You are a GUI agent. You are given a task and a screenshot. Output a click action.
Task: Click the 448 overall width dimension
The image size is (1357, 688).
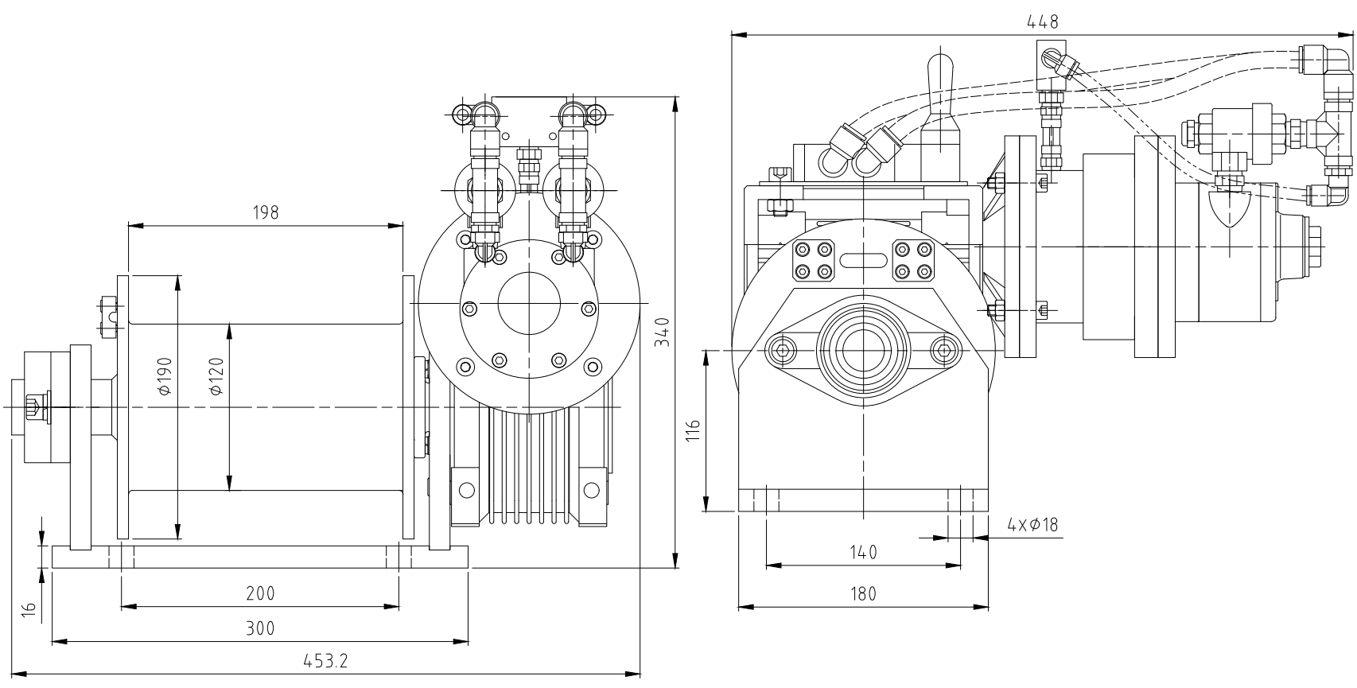point(1042,22)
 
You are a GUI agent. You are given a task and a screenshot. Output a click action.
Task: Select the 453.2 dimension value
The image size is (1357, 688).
point(326,660)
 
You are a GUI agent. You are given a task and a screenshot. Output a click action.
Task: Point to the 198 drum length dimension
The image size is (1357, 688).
point(266,212)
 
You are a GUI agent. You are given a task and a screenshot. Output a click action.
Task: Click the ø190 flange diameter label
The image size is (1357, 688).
point(164,375)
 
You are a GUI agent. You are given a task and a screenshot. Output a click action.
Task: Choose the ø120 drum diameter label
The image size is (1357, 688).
point(216,375)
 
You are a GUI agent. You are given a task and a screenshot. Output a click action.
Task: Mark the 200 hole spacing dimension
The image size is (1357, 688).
point(260,593)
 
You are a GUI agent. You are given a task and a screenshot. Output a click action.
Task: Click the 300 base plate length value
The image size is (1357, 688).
point(260,628)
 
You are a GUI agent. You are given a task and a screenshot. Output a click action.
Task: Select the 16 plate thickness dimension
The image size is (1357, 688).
point(29,608)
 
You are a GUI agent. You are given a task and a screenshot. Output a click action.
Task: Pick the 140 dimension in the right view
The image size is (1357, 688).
point(863,552)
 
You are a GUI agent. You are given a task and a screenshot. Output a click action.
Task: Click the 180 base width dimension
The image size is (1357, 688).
point(863,593)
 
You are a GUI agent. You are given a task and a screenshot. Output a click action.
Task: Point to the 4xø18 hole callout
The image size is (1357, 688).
point(1032,525)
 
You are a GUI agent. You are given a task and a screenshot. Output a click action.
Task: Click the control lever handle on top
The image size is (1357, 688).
point(939,80)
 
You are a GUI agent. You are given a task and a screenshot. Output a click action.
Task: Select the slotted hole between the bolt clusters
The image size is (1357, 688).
point(863,260)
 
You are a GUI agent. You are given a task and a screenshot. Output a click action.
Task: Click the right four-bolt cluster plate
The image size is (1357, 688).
point(912,260)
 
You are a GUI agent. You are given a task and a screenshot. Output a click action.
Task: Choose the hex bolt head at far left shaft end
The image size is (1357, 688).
point(36,406)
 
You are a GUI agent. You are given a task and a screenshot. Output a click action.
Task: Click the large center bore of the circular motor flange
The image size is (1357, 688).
point(529,304)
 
